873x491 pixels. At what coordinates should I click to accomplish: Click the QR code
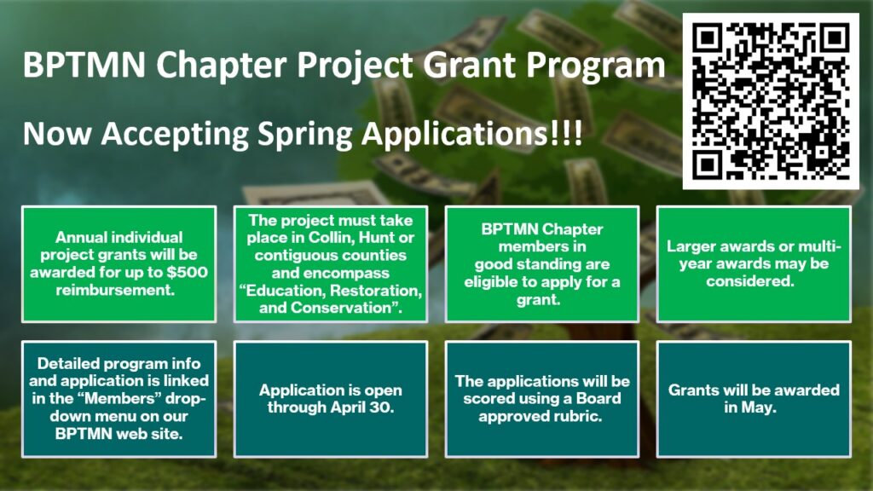771,101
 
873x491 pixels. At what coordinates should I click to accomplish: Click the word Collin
332,238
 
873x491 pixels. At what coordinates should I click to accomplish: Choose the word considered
750,281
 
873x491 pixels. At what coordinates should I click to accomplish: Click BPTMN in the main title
84,65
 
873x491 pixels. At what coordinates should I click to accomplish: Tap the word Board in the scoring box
598,399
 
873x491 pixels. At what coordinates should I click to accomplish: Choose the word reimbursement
115,290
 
